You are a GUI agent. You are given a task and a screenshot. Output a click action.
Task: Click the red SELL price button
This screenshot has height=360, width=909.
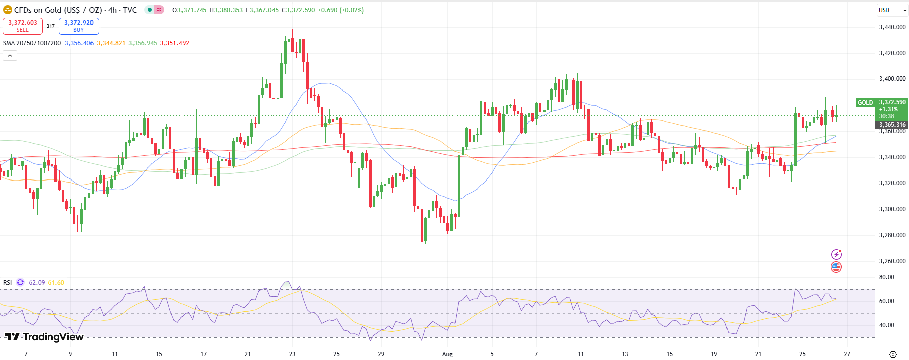[23, 26]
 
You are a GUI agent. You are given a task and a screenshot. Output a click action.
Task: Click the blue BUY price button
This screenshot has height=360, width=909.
[79, 26]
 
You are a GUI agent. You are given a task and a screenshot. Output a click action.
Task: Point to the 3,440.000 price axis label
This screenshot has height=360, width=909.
[892, 27]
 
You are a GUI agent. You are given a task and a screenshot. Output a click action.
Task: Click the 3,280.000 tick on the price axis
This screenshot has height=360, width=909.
[892, 235]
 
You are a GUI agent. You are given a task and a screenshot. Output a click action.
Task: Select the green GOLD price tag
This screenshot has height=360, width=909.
[865, 103]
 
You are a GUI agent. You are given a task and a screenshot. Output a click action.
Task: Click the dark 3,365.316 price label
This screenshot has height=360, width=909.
[892, 125]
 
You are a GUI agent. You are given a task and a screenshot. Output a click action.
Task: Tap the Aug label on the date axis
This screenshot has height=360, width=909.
[447, 354]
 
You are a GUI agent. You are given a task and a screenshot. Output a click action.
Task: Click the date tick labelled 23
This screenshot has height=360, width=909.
[292, 354]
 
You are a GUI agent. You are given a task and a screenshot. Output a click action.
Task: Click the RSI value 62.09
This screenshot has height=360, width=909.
[37, 283]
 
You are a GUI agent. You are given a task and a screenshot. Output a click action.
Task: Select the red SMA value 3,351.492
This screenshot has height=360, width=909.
[174, 43]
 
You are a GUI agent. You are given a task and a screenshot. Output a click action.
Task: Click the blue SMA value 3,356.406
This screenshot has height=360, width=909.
[79, 43]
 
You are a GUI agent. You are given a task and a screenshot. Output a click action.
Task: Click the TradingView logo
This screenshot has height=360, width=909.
[44, 337]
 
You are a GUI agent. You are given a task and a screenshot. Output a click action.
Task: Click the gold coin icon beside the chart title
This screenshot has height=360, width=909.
[8, 10]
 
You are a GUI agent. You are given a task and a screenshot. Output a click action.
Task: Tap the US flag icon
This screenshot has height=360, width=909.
[836, 267]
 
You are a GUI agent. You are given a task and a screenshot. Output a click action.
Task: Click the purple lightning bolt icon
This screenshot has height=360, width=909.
[836, 254]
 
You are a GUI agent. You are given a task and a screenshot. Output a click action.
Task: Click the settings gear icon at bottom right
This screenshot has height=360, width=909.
[893, 354]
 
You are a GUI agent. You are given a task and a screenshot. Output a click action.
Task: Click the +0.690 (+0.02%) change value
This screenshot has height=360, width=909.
[341, 10]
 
